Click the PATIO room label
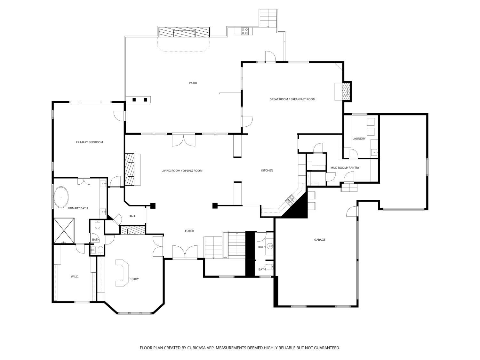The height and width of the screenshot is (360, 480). point(193,83)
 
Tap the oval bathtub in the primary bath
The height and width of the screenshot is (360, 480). point(61,197)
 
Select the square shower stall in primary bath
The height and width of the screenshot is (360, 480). point(64,230)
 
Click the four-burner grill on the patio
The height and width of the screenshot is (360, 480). point(244,31)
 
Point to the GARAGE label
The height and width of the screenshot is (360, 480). point(319,240)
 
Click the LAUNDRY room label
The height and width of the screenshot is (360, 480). point(359,139)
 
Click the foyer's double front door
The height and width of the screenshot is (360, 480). point(185,252)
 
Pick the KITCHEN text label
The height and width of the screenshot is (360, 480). point(267,171)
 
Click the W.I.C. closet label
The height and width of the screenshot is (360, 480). point(75,276)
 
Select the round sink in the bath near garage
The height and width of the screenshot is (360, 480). point(270,246)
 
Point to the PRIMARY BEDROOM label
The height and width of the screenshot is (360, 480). point(89,142)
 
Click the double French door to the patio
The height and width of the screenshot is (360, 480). point(183,140)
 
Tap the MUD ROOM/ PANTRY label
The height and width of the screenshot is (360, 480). point(345,168)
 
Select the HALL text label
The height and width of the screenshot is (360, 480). point(132,216)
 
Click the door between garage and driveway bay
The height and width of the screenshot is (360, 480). point(352,212)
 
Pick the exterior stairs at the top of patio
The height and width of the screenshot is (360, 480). point(268,18)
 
